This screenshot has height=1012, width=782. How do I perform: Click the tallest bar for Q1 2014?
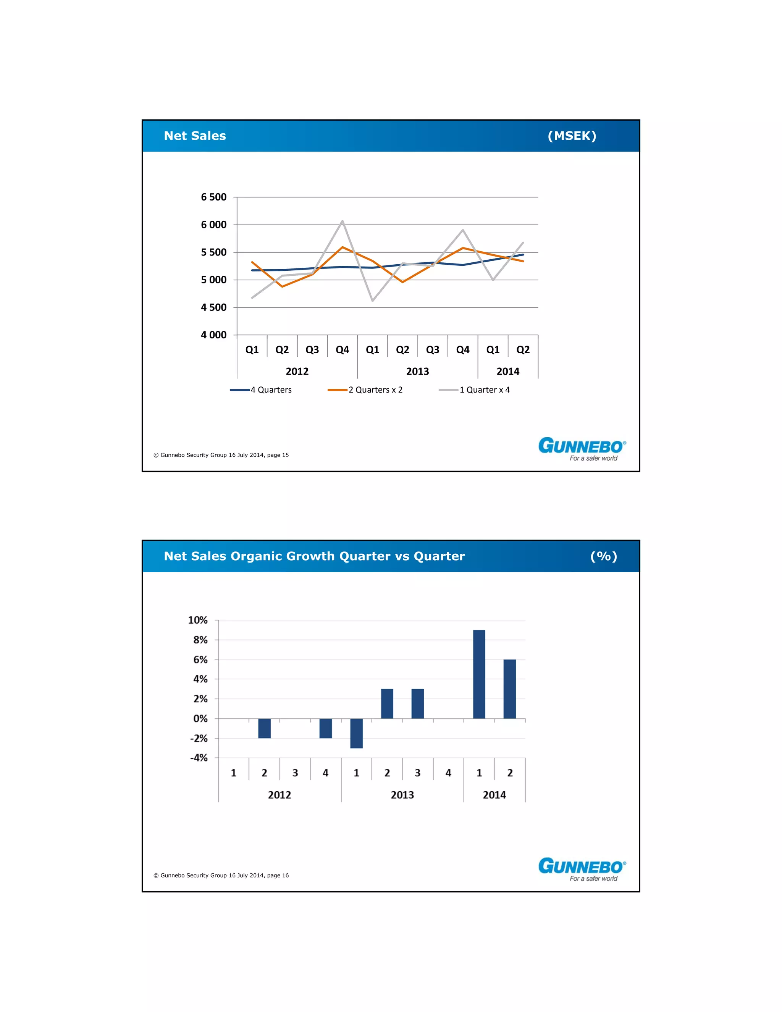[x=479, y=674]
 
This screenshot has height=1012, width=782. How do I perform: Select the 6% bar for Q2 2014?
[x=510, y=689]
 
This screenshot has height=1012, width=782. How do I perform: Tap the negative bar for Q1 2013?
[x=356, y=733]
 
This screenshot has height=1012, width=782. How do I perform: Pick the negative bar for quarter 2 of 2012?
[x=265, y=728]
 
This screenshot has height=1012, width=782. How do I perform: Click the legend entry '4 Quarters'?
[x=271, y=390]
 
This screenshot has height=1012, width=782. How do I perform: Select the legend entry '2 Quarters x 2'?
[x=375, y=390]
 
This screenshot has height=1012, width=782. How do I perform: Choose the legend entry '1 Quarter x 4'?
[x=484, y=390]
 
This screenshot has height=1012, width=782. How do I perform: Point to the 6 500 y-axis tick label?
[x=213, y=197]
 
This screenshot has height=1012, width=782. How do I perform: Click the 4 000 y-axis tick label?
[x=213, y=335]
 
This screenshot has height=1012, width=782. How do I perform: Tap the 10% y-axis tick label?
[x=198, y=620]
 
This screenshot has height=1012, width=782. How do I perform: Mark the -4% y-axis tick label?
[x=199, y=758]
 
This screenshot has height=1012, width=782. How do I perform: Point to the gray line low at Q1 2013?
[x=372, y=301]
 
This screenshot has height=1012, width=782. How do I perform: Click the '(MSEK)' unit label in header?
[x=572, y=136]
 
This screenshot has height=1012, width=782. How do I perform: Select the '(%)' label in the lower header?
[x=604, y=556]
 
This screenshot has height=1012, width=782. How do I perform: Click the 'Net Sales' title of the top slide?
[x=195, y=136]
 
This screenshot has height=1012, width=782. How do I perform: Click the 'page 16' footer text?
[x=278, y=875]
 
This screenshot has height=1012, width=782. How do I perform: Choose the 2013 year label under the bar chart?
[x=402, y=795]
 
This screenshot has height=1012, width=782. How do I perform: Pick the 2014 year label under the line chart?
[x=508, y=371]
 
